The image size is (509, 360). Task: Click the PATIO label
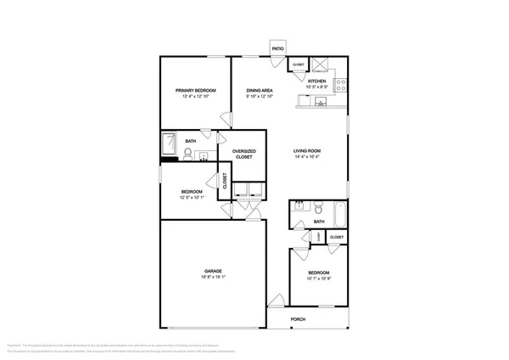[277, 49]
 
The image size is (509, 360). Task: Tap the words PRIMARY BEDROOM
[195, 90]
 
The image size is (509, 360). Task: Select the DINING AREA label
[259, 90]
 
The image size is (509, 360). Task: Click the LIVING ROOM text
[307, 150]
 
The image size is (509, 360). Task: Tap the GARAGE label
[212, 271]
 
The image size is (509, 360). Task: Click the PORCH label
[298, 319]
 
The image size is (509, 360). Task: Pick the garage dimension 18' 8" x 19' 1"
[212, 277]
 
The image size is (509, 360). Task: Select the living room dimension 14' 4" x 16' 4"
[307, 156]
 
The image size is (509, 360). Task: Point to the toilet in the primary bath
[187, 154]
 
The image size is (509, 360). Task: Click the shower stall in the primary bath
[170, 141]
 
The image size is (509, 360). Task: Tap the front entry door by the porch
[277, 300]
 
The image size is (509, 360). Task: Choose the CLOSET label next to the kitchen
[298, 65]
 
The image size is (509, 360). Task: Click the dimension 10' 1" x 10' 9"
[318, 278]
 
